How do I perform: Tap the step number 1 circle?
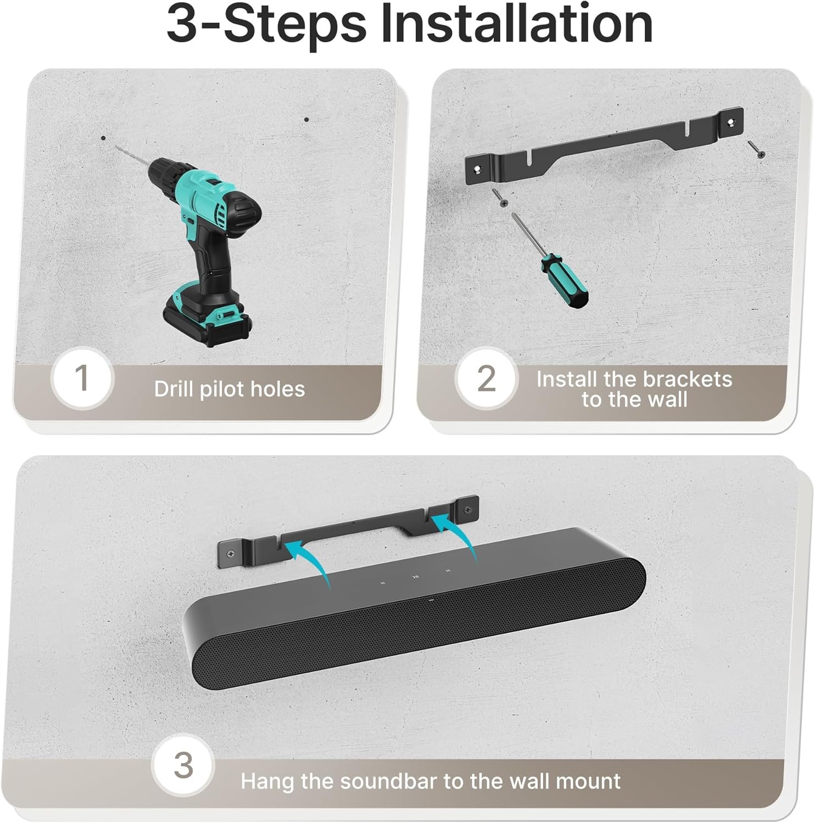point(82,379)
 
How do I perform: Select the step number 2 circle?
point(487,379)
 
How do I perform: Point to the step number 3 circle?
point(182,765)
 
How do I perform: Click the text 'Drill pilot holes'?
point(229,389)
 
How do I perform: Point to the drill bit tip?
point(116,146)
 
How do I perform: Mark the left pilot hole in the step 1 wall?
point(103,138)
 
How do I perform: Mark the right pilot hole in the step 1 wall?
point(306,120)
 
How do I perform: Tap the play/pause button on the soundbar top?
point(415,577)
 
